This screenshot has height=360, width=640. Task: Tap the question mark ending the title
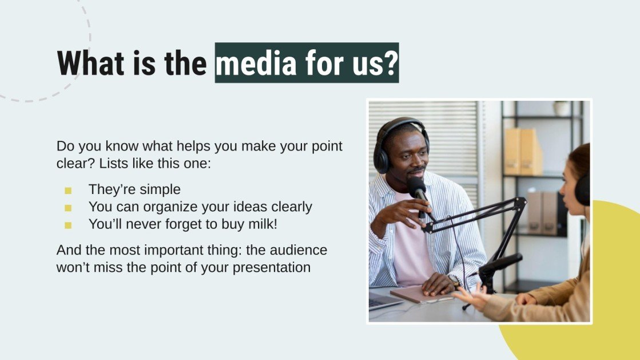coord(390,63)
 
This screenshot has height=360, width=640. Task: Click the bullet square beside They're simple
coord(68,191)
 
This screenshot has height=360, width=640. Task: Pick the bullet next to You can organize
coord(68,208)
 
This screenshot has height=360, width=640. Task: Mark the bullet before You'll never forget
coord(68,225)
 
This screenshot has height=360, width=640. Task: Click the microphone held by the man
coord(417,189)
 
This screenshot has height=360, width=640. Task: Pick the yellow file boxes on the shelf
coord(523,151)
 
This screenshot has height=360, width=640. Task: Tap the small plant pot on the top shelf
coord(562,109)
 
